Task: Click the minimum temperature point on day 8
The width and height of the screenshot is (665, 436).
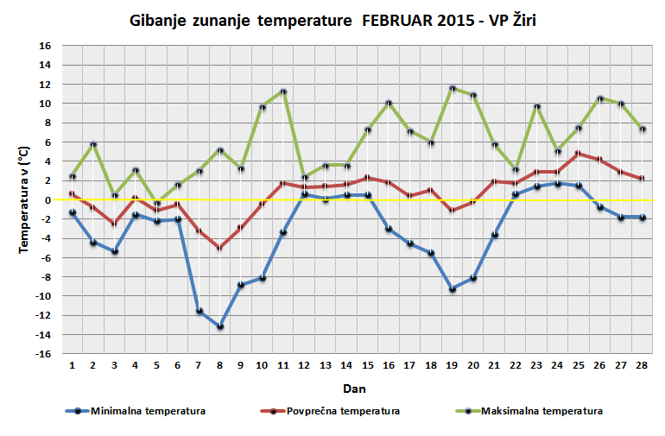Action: tap(220, 326)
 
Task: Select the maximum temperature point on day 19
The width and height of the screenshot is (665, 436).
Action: tap(453, 88)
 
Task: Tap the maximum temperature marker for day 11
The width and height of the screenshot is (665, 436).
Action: tap(283, 92)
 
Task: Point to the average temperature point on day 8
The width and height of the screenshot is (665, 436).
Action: tap(220, 248)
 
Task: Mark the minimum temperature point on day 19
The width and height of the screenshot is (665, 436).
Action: tap(453, 289)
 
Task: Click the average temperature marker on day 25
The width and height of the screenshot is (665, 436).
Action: tap(579, 154)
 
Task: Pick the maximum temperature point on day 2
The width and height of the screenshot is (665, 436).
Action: tap(93, 144)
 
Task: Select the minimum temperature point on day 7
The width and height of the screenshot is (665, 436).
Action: tap(199, 311)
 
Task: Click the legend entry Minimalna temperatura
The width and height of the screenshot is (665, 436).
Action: tap(147, 411)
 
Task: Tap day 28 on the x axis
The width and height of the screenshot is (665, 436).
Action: tap(642, 364)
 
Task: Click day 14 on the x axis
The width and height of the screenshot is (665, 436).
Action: tap(346, 364)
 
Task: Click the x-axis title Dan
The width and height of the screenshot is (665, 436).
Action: tap(354, 388)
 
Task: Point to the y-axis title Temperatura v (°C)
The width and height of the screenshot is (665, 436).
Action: tap(25, 199)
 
